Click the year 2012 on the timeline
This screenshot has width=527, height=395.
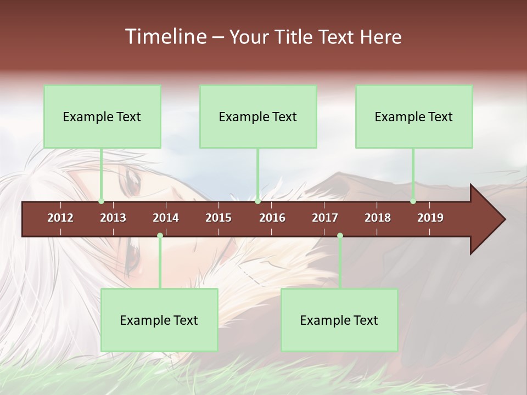click(60, 218)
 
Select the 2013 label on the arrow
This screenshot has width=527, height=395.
click(113, 218)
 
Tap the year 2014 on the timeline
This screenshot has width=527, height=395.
click(166, 218)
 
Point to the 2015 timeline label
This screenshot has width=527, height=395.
click(218, 218)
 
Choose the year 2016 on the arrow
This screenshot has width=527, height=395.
click(272, 218)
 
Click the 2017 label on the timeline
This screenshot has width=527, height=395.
click(325, 218)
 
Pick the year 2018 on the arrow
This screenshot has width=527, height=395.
click(378, 218)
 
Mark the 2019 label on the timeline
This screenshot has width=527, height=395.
click(430, 218)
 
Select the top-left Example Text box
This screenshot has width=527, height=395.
click(102, 116)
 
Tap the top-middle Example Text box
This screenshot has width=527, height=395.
click(258, 116)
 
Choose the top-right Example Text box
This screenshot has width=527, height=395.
click(414, 116)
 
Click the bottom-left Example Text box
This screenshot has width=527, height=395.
click(159, 320)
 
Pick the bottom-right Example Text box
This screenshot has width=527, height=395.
click(339, 320)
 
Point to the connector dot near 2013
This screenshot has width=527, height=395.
click(101, 201)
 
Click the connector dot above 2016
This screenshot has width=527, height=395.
click(258, 201)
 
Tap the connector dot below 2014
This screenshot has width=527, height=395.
click(160, 236)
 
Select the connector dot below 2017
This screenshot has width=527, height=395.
click(340, 236)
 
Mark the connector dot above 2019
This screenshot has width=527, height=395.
click(413, 201)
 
